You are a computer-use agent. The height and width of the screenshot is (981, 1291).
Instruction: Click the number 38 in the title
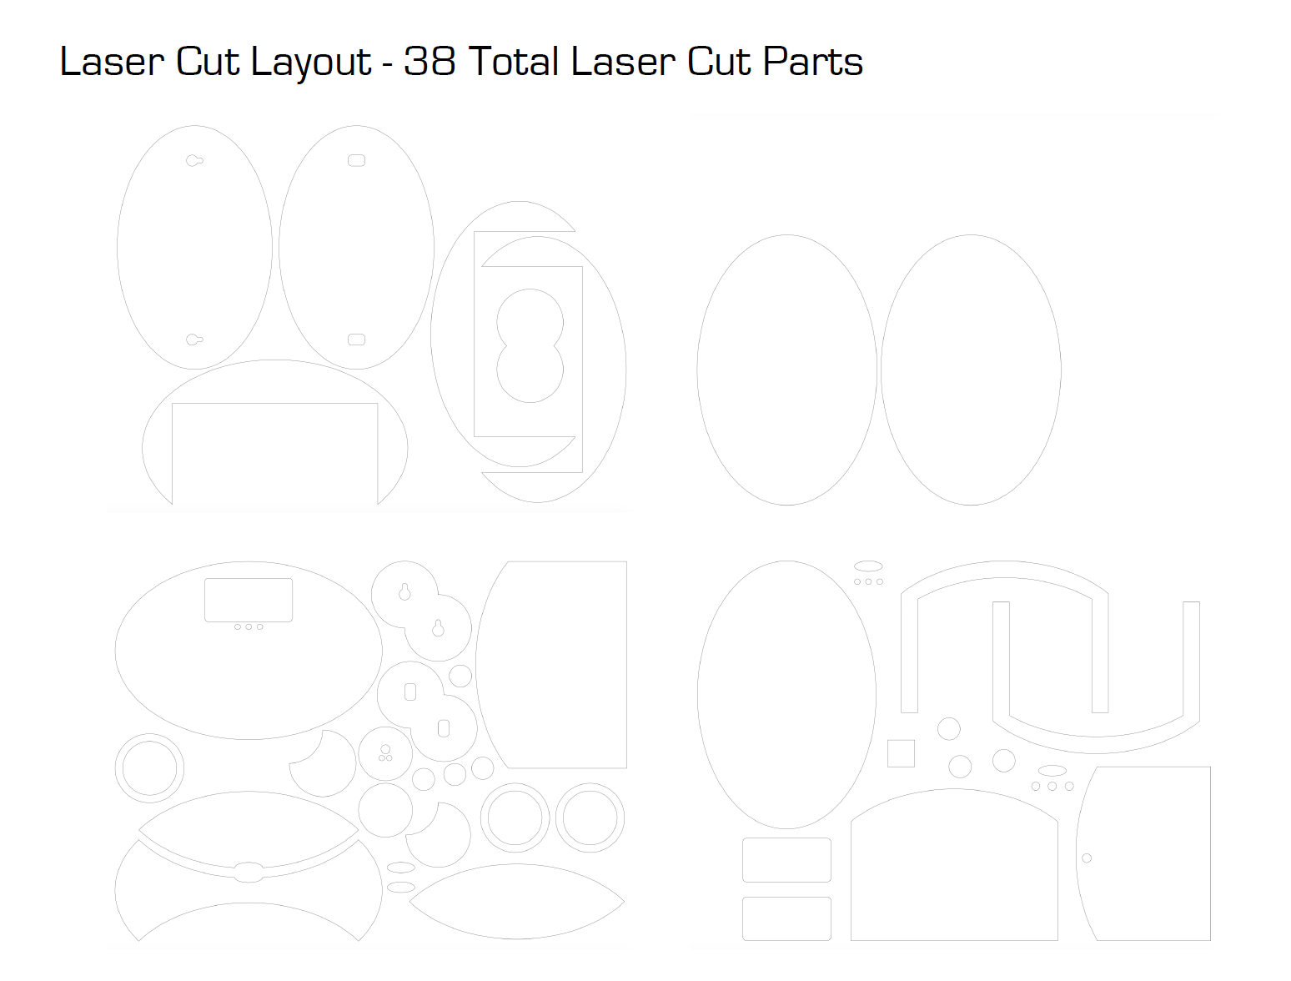(x=429, y=61)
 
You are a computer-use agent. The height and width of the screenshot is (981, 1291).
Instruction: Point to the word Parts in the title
(x=812, y=61)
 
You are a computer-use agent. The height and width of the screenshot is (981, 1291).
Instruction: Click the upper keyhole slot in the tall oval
(x=194, y=160)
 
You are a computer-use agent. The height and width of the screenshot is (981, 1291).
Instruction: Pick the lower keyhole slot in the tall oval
(x=194, y=340)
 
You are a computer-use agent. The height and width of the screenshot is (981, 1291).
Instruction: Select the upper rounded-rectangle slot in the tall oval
(x=356, y=160)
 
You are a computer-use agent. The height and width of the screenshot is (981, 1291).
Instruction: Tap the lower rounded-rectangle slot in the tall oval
(x=356, y=340)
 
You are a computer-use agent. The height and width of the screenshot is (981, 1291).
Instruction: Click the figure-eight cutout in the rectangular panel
(x=530, y=346)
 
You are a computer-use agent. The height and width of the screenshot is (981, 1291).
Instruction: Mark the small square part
(x=901, y=753)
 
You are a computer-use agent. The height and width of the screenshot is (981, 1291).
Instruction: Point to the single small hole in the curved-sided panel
(x=1087, y=858)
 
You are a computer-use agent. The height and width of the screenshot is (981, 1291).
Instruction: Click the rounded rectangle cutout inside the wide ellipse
(x=249, y=600)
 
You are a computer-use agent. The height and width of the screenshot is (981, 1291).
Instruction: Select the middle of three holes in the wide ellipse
(x=249, y=627)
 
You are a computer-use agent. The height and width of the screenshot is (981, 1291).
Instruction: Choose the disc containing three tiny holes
(x=385, y=753)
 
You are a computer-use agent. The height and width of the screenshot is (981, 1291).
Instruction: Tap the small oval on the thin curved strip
(x=249, y=873)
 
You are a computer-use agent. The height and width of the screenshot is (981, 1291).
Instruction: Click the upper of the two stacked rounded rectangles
(x=786, y=860)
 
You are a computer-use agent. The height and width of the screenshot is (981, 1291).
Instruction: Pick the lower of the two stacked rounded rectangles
(x=786, y=918)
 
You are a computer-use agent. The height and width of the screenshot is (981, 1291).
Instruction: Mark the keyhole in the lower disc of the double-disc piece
(x=438, y=628)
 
